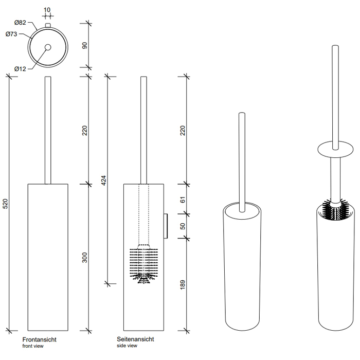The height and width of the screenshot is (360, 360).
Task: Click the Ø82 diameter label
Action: (x=20, y=22)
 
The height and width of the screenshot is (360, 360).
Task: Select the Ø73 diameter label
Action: (x=12, y=34)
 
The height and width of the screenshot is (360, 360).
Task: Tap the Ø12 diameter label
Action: (x=20, y=69)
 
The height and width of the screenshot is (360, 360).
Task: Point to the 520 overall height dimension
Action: (x=5, y=204)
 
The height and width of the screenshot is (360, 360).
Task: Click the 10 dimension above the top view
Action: (x=47, y=10)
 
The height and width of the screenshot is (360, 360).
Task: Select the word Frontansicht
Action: (x=39, y=339)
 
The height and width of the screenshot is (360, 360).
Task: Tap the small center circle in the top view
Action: (x=47, y=47)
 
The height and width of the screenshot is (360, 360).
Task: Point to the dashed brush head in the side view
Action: (x=143, y=263)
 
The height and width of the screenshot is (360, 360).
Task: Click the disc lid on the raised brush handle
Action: (x=334, y=151)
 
